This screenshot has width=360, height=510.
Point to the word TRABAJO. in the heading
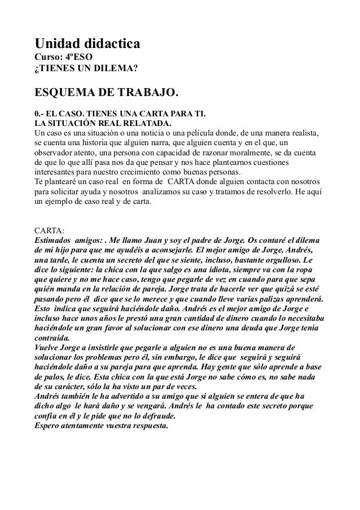(x=152, y=92)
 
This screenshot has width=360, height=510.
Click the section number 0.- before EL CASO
(x=41, y=113)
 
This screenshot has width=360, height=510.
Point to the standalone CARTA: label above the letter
(x=50, y=230)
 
